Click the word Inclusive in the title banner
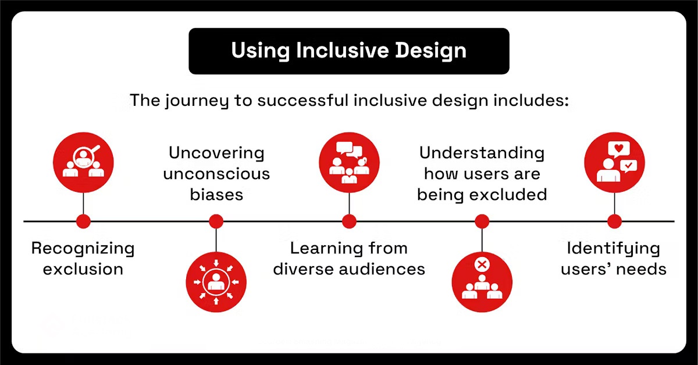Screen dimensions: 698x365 [343, 50]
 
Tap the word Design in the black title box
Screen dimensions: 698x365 [430, 51]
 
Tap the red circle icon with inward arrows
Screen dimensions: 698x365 [216, 282]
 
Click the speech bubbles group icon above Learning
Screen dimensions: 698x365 [349, 162]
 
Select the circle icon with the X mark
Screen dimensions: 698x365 [482, 282]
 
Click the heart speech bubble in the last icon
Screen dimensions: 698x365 [618, 149]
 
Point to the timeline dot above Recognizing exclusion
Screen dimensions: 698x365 [83, 221]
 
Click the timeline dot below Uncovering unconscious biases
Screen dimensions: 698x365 [216, 221]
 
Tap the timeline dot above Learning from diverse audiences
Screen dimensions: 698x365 [349, 221]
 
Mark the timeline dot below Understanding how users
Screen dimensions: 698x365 [482, 221]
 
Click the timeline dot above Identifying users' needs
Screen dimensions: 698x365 [614, 221]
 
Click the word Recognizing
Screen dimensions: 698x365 [83, 249]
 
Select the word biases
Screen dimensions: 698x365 [216, 195]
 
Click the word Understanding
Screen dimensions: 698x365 [482, 153]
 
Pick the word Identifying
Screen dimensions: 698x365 [614, 249]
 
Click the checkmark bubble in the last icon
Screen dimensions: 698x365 [629, 166]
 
